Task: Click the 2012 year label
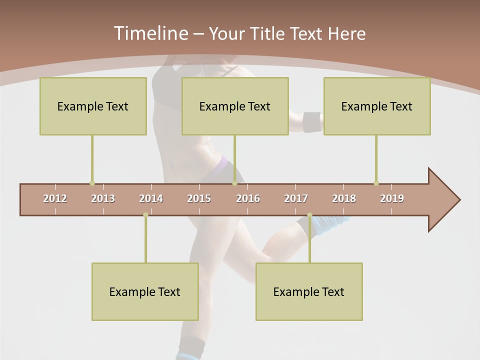coord(55,198)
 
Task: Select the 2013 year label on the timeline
coord(103,198)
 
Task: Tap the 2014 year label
coord(151,198)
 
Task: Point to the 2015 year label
coord(199,198)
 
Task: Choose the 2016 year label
coord(248,198)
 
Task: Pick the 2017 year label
coord(296,198)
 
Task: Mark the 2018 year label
coord(344,198)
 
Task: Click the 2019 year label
coord(392,198)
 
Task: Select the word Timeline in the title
coord(150,33)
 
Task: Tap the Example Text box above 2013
coord(93,106)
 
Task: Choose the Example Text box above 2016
coord(235,106)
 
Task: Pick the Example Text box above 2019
coord(377,106)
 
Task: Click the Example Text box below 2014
coord(145,291)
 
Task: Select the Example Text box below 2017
coord(309,291)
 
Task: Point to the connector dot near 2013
coord(92,183)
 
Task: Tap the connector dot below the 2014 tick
coord(145,215)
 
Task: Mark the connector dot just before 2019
coord(376,183)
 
